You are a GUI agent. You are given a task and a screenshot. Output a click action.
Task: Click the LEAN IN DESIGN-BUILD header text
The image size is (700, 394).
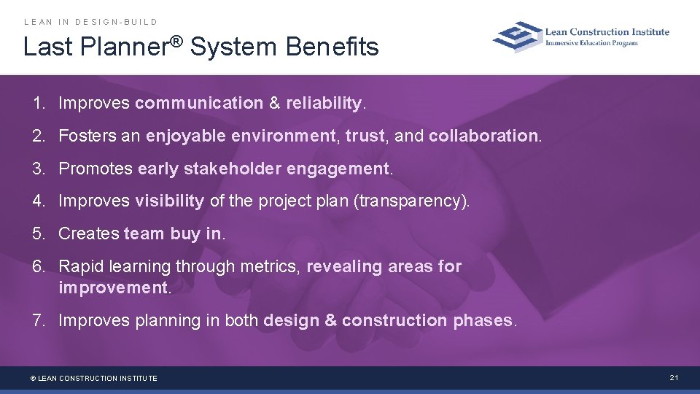click(x=91, y=22)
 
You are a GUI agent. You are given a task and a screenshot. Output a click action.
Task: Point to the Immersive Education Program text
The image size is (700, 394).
click(x=592, y=43)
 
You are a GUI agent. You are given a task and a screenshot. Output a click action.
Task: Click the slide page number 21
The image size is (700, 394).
click(x=674, y=377)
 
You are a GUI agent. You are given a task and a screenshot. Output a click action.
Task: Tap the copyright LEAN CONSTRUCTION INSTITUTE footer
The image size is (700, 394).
click(x=93, y=378)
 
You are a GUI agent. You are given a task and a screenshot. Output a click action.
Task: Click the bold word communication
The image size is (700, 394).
click(x=198, y=104)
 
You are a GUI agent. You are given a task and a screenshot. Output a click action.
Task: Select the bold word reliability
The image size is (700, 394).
click(x=324, y=104)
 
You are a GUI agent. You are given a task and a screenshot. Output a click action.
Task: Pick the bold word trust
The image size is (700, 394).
click(x=364, y=136)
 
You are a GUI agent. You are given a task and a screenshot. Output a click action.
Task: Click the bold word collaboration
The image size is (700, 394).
click(x=483, y=136)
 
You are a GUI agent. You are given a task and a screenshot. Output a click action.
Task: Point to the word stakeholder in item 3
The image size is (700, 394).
click(x=233, y=169)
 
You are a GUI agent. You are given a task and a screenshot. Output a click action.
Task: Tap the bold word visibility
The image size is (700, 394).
click(x=169, y=201)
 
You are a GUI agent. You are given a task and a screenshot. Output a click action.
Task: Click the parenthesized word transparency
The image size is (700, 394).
click(x=411, y=201)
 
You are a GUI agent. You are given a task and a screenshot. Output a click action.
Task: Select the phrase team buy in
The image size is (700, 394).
click(x=173, y=233)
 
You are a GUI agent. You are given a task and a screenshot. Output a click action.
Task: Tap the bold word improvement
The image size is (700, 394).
click(x=113, y=287)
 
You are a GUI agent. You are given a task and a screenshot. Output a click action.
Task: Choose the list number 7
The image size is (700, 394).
click(x=38, y=320)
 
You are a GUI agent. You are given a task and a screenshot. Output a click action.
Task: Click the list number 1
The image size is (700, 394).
click(x=38, y=104)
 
